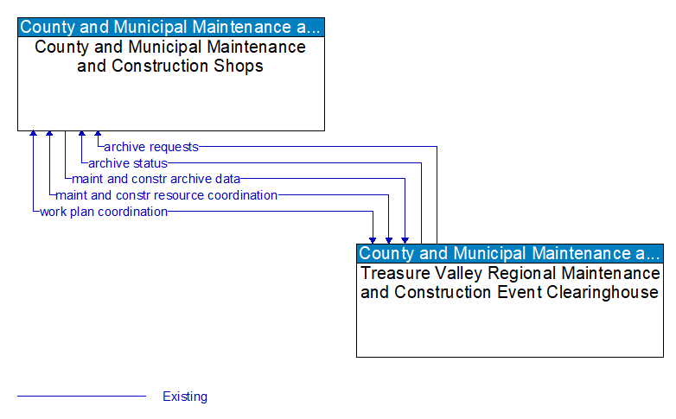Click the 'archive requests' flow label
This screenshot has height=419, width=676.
tap(150, 147)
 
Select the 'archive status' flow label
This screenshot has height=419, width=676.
tap(127, 162)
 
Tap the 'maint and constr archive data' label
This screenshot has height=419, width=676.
tap(156, 179)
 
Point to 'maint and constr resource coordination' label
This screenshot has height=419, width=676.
tap(166, 195)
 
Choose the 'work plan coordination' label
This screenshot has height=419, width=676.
tap(103, 212)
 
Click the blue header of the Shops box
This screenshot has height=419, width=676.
tap(171, 27)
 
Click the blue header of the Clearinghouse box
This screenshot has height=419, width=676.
tap(510, 253)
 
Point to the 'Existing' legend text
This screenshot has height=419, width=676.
tap(185, 397)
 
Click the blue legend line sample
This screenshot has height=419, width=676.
tap(81, 397)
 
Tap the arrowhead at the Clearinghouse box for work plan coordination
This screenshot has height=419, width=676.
tap(373, 239)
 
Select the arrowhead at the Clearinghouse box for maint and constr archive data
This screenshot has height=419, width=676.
tap(405, 239)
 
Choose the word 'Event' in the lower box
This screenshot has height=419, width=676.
tap(513, 292)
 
